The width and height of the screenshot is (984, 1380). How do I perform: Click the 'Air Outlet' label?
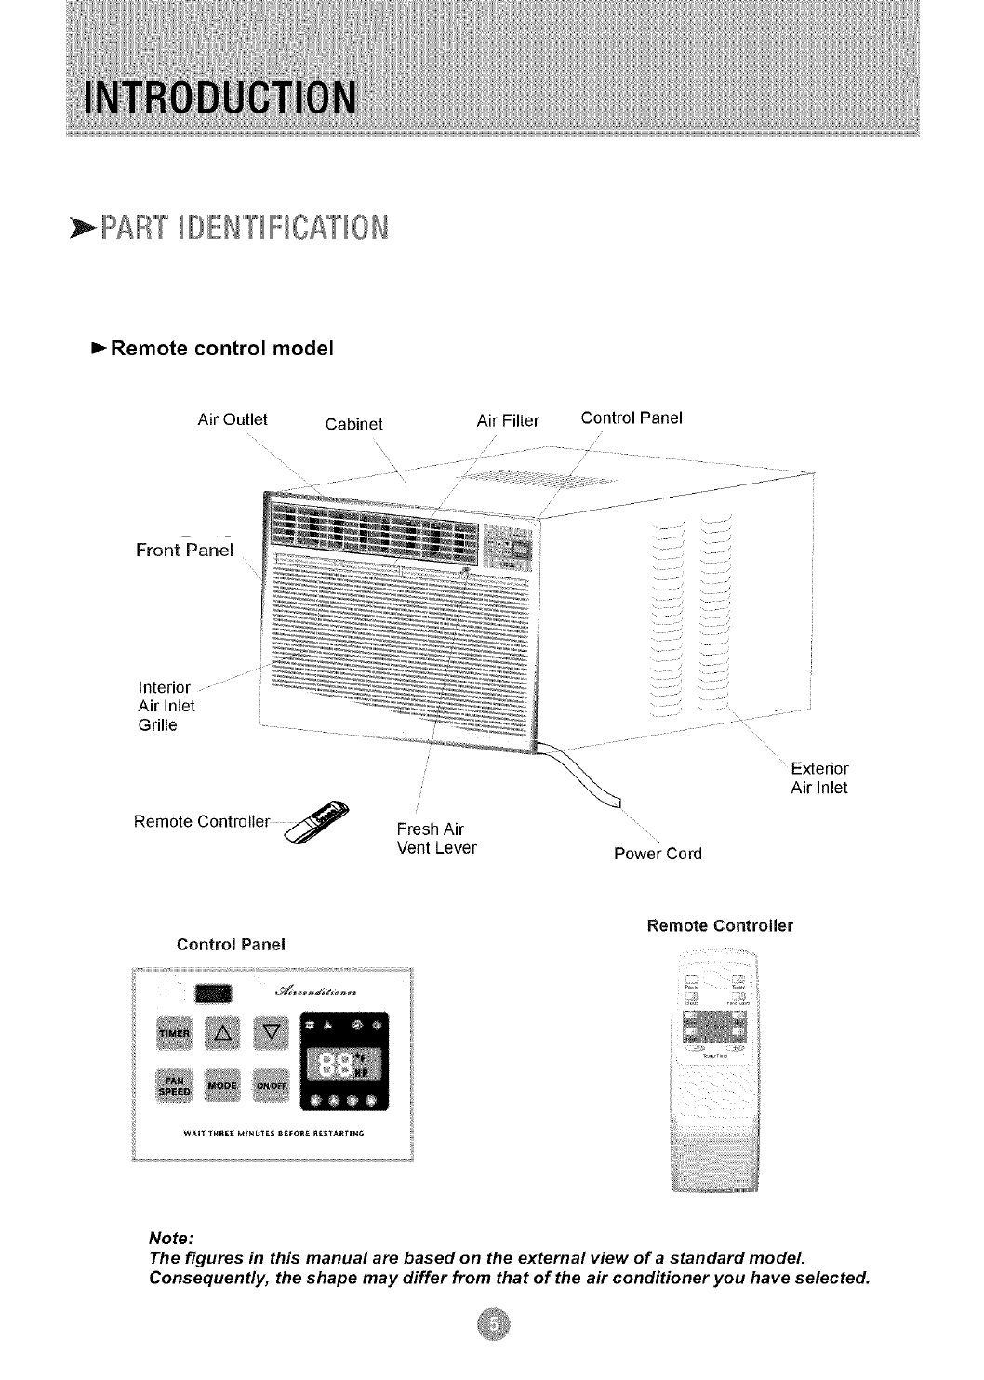[233, 418]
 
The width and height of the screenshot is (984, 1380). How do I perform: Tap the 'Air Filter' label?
[508, 420]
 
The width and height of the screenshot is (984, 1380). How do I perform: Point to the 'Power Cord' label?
[658, 854]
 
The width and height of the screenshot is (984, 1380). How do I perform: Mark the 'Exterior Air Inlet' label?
[818, 778]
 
